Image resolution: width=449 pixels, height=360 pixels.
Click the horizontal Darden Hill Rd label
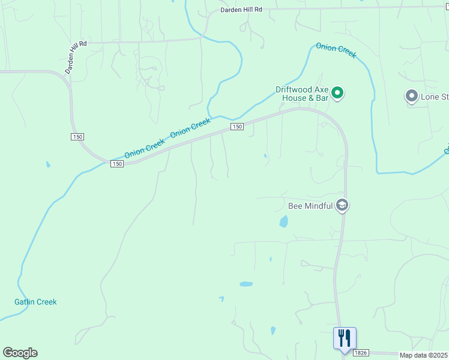(241, 10)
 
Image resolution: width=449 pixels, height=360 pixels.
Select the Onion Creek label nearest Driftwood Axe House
(336, 50)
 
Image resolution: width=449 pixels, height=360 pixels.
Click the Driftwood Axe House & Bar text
(303, 93)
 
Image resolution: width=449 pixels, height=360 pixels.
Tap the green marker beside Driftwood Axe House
(337, 93)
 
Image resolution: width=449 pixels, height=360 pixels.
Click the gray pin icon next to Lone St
(412, 96)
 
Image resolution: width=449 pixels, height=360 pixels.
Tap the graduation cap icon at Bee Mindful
(342, 206)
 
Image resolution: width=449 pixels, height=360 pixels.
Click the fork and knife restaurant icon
(345, 337)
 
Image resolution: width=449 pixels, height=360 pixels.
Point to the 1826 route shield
(360, 353)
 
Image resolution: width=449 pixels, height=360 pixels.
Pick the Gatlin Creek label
(35, 302)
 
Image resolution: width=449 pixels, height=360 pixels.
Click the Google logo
(20, 353)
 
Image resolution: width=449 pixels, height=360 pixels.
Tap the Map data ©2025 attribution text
(424, 355)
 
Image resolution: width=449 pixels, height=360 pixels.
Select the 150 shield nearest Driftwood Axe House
(237, 127)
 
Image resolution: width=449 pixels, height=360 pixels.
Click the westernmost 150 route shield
(77, 137)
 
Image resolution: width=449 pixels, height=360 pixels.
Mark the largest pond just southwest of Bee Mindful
(283, 221)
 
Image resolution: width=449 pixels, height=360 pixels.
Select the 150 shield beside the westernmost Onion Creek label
(116, 164)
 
